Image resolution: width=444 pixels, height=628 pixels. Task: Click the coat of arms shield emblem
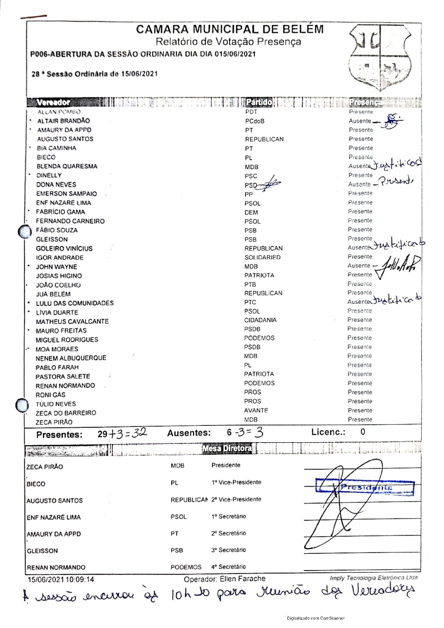point(380,57)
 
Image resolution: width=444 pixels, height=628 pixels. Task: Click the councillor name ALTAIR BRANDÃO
point(63,121)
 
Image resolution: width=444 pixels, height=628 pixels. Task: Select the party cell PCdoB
point(255,121)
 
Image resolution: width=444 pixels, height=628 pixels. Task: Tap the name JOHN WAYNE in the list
point(56,267)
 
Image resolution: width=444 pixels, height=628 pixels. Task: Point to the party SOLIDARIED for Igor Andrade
point(263,257)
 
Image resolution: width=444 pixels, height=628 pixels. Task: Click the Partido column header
point(259,102)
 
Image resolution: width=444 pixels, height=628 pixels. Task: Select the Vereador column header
point(53,102)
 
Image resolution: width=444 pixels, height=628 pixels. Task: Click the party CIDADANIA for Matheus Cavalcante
point(260,320)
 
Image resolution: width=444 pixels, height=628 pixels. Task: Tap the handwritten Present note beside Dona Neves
point(396,181)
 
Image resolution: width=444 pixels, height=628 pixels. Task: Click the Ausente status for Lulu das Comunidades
point(359,302)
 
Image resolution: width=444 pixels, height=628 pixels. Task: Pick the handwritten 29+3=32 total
point(122,433)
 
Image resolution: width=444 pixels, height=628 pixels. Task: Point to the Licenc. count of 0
point(363,432)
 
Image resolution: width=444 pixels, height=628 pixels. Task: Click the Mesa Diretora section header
point(227,448)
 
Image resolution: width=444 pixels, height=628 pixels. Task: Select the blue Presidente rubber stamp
point(365,487)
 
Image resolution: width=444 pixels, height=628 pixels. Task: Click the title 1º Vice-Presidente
point(236,482)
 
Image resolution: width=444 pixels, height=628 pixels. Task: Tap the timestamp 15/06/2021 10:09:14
point(61,579)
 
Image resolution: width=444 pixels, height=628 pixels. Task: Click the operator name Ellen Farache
point(243,579)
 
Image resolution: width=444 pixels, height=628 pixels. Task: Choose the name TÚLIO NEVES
point(56,404)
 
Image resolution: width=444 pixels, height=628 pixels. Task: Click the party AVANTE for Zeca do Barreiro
point(256,410)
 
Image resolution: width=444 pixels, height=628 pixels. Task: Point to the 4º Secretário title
point(229,567)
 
